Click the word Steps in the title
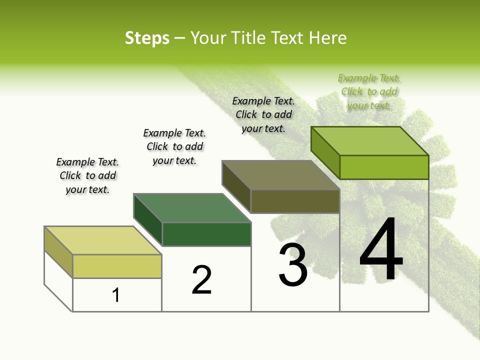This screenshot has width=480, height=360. [147, 38]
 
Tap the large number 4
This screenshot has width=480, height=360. [381, 250]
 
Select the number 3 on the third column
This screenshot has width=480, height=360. [293, 265]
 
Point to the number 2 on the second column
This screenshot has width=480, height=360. [202, 280]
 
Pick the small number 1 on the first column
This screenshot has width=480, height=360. [116, 295]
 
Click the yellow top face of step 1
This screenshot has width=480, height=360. [102, 240]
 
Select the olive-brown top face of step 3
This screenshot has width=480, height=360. [281, 175]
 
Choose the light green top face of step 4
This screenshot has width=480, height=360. [370, 141]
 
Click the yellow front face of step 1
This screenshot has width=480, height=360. [117, 266]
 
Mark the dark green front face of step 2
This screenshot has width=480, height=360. [206, 234]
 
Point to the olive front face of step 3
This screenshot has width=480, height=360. [295, 201]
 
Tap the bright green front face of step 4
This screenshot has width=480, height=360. [384, 167]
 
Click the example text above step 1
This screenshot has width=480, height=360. [87, 175]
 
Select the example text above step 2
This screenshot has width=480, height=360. [174, 146]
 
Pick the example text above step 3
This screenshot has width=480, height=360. [263, 114]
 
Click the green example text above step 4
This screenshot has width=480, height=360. [369, 91]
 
